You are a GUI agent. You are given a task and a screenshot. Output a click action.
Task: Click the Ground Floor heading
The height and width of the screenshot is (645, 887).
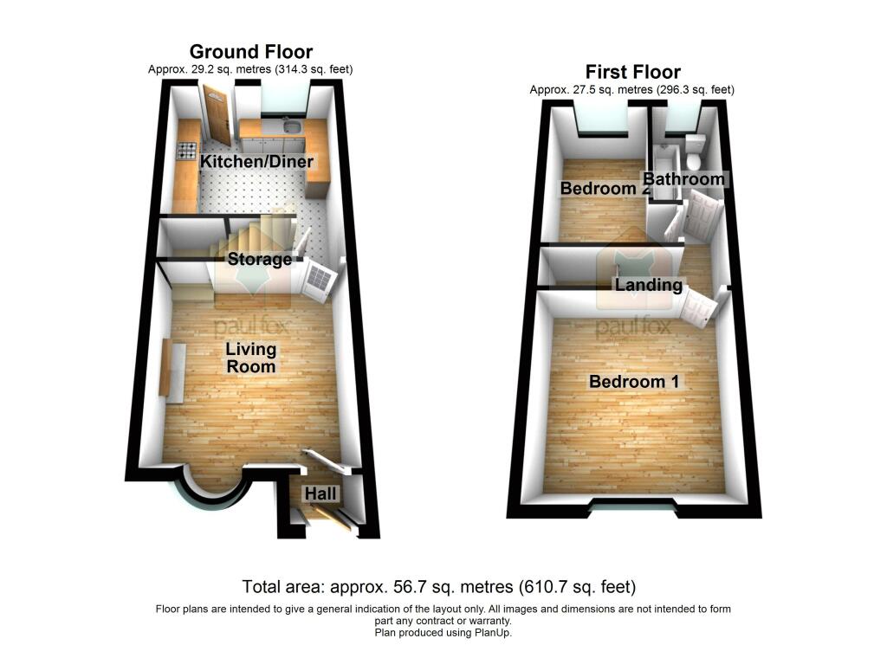[x=250, y=52]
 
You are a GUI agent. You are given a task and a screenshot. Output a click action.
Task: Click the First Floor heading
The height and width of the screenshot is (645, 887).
[x=632, y=73]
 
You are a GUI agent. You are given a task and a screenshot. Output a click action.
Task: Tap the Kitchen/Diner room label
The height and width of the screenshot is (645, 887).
[x=256, y=162]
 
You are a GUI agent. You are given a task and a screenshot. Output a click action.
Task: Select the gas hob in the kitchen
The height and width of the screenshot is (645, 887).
[x=187, y=151]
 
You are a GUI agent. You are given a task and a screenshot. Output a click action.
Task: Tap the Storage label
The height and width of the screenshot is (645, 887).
[x=260, y=260]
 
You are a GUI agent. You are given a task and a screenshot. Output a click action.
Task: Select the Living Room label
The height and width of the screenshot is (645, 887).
[x=251, y=358]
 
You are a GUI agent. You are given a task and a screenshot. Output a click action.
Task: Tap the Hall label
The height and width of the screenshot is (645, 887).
[x=320, y=494]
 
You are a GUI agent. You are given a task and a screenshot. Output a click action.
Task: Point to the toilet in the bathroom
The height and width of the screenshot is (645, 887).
[x=694, y=152]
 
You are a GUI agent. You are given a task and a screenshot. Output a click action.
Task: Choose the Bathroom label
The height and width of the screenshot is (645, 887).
[x=684, y=179]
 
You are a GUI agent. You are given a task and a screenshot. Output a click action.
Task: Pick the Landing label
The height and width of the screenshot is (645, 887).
[x=649, y=284]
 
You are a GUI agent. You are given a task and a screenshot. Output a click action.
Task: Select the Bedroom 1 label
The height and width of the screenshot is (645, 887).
[x=634, y=382]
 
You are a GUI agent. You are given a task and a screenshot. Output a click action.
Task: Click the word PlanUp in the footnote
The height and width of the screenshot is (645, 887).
[x=492, y=633]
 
